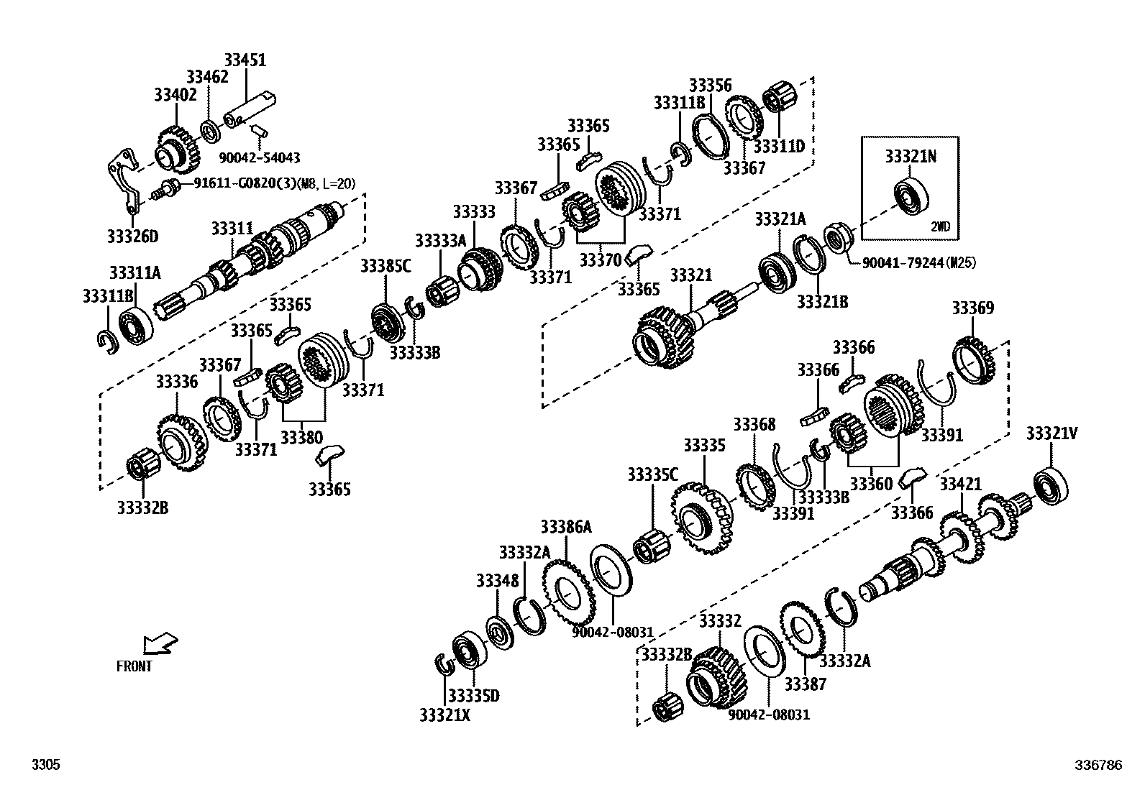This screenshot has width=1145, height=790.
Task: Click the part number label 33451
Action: (245, 60)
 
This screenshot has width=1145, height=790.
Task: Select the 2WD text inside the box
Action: (940, 226)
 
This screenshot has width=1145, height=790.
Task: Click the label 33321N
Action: (910, 156)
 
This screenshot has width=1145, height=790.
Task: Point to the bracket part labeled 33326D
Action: (124, 180)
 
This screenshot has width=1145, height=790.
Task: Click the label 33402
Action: (175, 95)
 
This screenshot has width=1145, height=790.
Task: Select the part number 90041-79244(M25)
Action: (918, 263)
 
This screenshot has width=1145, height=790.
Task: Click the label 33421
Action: (960, 484)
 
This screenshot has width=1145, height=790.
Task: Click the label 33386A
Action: (566, 528)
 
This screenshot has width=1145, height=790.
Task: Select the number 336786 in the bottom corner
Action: (1098, 766)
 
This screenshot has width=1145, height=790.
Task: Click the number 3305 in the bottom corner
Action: (45, 766)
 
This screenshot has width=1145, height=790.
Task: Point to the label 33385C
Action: (386, 267)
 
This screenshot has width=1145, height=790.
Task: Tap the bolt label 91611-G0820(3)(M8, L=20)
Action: (275, 184)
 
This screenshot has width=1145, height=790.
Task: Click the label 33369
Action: (972, 308)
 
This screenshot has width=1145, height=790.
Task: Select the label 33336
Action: (176, 382)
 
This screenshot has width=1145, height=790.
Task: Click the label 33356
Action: (710, 85)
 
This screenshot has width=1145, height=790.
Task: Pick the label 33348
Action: (496, 580)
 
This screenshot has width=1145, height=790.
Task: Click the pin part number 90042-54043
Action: (260, 157)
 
